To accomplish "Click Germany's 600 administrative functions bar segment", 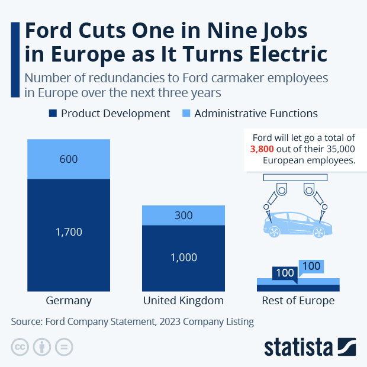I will [69, 159].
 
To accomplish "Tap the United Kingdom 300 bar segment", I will [183, 215].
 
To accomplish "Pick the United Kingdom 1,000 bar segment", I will [183, 257].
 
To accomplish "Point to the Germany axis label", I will [69, 301].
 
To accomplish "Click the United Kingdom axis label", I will [183, 301].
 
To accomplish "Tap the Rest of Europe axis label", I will [298, 301].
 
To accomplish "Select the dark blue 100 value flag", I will [285, 273].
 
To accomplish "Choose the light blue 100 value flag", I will [311, 266].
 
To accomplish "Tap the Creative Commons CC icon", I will [20, 347].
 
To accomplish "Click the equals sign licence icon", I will [64, 347].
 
